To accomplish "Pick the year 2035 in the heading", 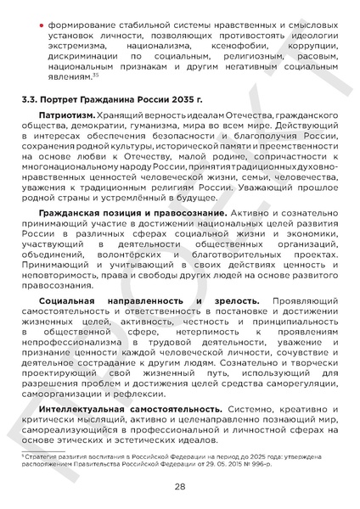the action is click(170, 100).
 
